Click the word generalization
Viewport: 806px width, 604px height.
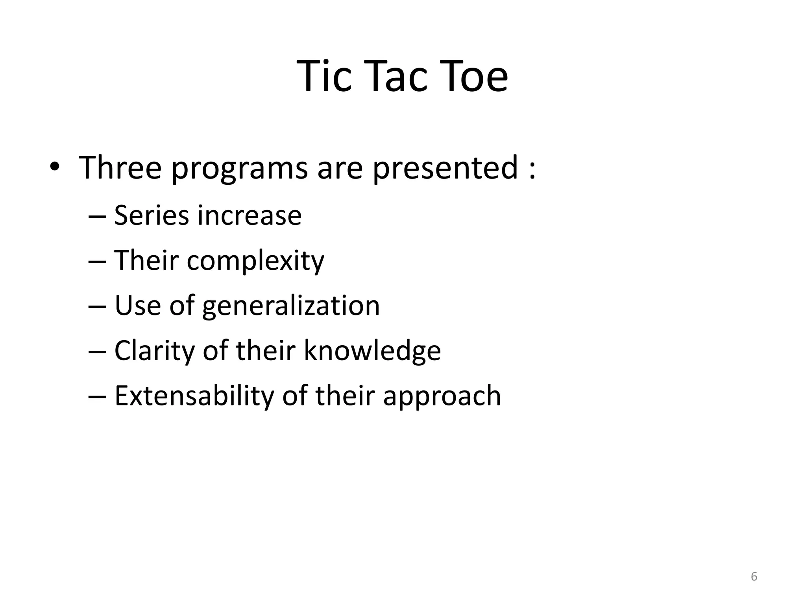pyautogui.click(x=291, y=306)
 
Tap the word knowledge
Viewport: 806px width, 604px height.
pyautogui.click(x=372, y=351)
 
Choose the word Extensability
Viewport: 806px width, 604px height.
pyautogui.click(x=194, y=396)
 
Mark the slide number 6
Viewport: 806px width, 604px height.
pyautogui.click(x=754, y=576)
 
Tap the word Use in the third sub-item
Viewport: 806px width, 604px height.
pyautogui.click(x=138, y=306)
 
